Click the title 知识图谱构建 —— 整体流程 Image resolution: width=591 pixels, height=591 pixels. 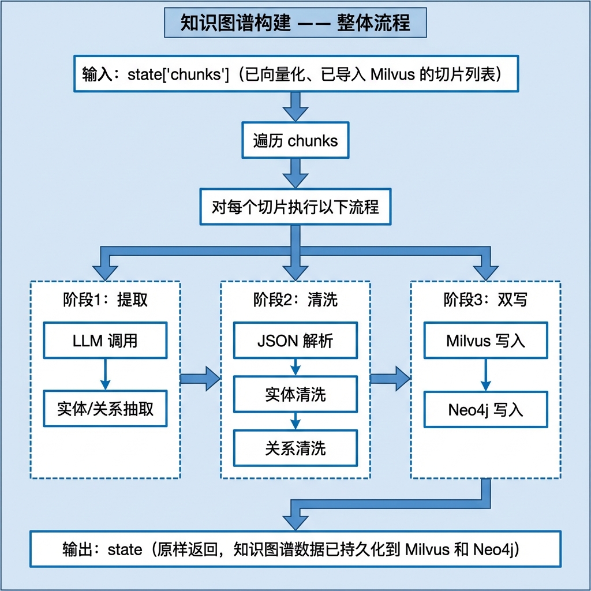(x=295, y=23)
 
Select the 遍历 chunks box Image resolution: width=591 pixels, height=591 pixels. (x=295, y=140)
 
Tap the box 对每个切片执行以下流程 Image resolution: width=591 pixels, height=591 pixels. (x=295, y=207)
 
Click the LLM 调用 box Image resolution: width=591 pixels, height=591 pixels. (x=105, y=340)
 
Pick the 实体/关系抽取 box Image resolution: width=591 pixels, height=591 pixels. (x=105, y=409)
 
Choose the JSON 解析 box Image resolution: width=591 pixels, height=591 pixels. (x=295, y=340)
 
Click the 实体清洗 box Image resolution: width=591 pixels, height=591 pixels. (x=295, y=394)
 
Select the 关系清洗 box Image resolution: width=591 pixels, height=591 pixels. (x=295, y=448)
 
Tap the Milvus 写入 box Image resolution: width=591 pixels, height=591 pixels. (x=485, y=340)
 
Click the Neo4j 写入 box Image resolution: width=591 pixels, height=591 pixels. (x=485, y=409)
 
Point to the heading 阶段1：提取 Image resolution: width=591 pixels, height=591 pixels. (x=105, y=300)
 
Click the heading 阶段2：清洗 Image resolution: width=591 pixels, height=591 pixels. (x=295, y=300)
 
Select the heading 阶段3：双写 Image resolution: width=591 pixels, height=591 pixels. (x=485, y=300)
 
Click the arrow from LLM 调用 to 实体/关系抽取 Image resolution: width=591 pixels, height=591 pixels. (x=105, y=374)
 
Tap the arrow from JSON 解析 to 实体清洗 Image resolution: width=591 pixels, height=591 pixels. (x=295, y=367)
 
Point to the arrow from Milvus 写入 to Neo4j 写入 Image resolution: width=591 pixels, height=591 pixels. (x=485, y=375)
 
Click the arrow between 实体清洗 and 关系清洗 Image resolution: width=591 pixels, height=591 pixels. (x=295, y=421)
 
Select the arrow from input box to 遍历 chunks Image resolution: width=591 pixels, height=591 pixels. (x=295, y=107)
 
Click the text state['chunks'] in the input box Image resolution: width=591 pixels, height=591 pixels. (x=178, y=74)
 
